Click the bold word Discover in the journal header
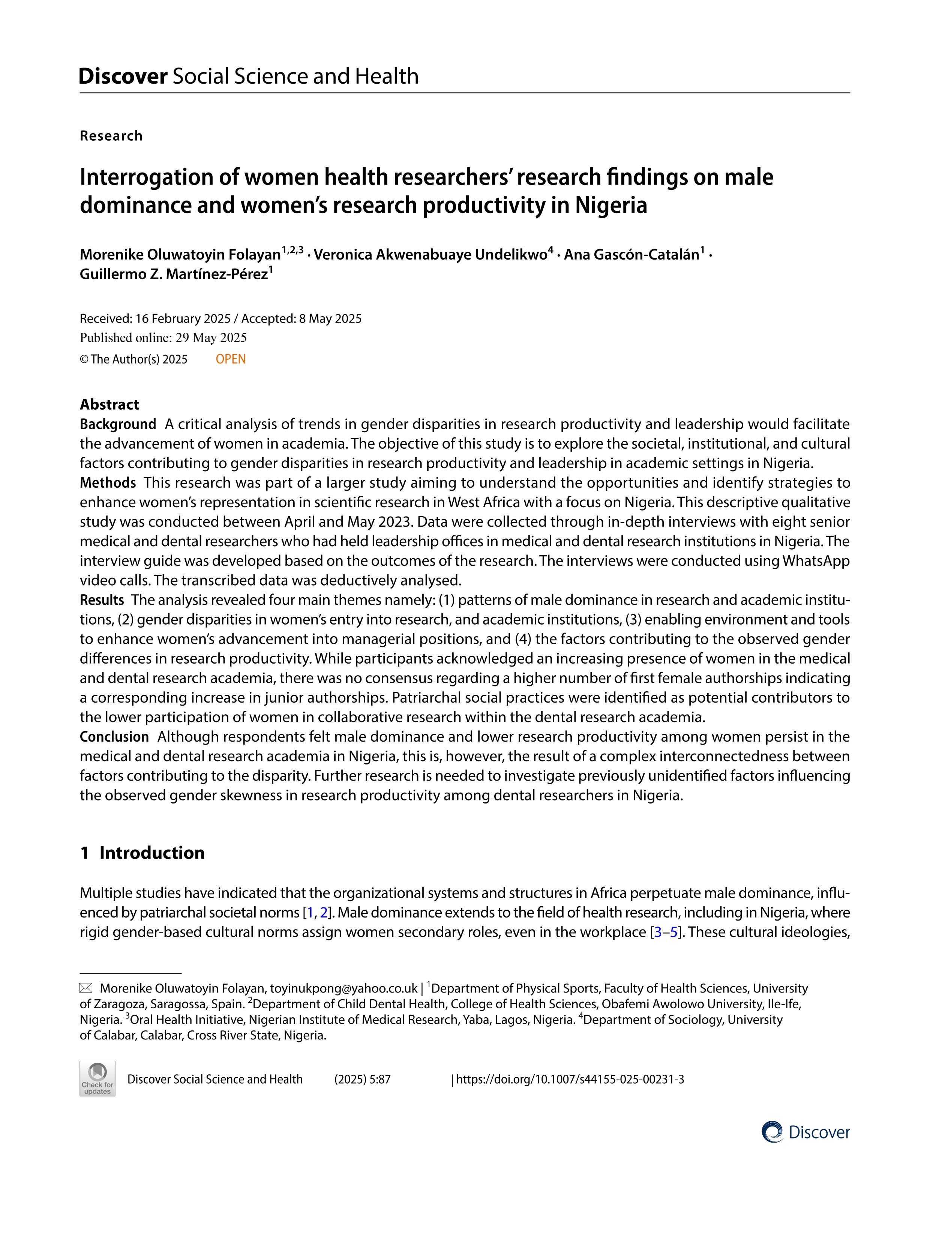click(x=123, y=76)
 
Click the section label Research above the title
click(x=111, y=136)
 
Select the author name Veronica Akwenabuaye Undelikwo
click(x=430, y=255)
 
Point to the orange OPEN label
click(x=231, y=359)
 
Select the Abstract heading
click(x=109, y=404)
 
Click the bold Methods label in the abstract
click(x=108, y=483)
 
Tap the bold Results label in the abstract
click(x=102, y=600)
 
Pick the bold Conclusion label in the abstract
click(x=114, y=737)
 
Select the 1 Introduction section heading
click(x=142, y=853)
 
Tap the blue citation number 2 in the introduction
click(x=323, y=913)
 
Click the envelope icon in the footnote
click(x=86, y=988)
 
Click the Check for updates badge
click(x=98, y=1078)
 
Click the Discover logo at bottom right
click(x=805, y=1132)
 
